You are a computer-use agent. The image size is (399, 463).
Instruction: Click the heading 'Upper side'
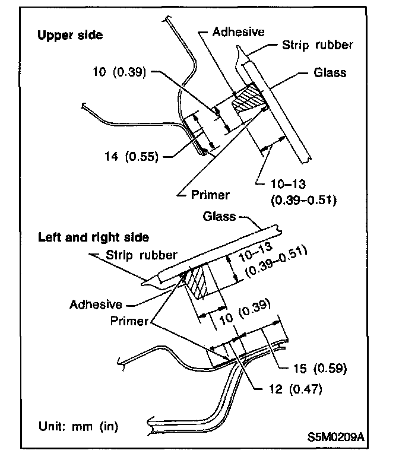tap(70, 35)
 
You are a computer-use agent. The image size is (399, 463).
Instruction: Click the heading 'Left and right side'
tap(93, 237)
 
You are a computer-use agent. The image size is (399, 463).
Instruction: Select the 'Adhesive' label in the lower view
tap(96, 304)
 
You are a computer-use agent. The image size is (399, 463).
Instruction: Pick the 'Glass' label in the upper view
tap(330, 73)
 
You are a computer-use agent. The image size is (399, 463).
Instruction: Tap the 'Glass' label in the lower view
tap(220, 217)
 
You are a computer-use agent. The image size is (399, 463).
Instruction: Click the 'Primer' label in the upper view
tap(211, 194)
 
